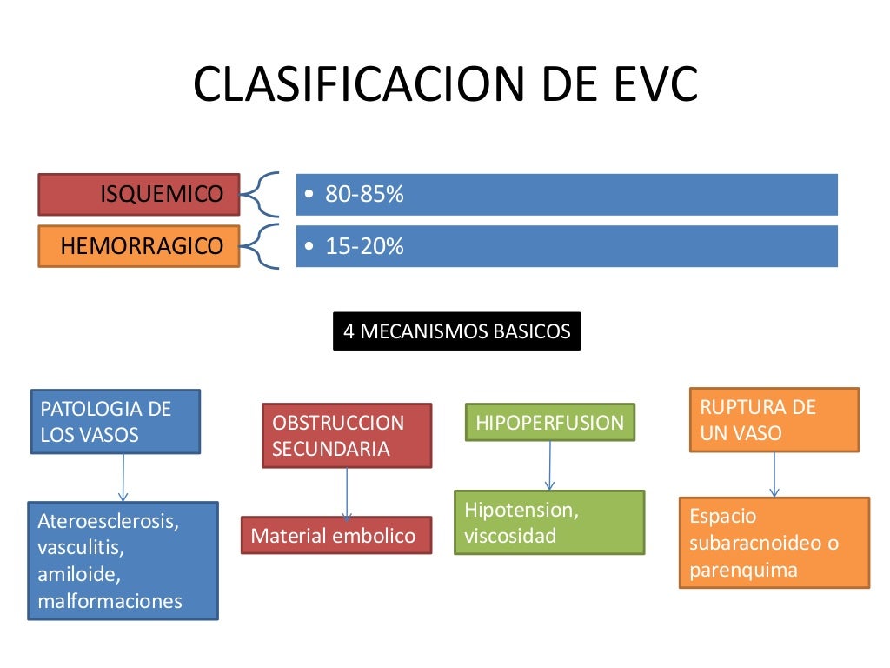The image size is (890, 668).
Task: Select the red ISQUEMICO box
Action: click(139, 194)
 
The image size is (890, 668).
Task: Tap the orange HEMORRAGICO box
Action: click(139, 246)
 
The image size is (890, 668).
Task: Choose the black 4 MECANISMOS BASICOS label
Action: click(456, 331)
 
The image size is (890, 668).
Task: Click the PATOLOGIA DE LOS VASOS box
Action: click(115, 421)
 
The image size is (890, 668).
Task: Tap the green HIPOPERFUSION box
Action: click(549, 423)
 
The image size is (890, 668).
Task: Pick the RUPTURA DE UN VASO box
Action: click(774, 419)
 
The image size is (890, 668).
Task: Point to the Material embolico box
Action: click(335, 536)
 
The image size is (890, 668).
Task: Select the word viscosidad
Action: click(510, 536)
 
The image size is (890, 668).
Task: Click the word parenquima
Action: click(743, 571)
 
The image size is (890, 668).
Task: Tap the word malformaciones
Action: click(110, 600)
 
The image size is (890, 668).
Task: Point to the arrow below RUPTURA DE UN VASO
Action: click(774, 474)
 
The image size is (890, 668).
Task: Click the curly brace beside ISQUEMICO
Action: click(259, 194)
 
